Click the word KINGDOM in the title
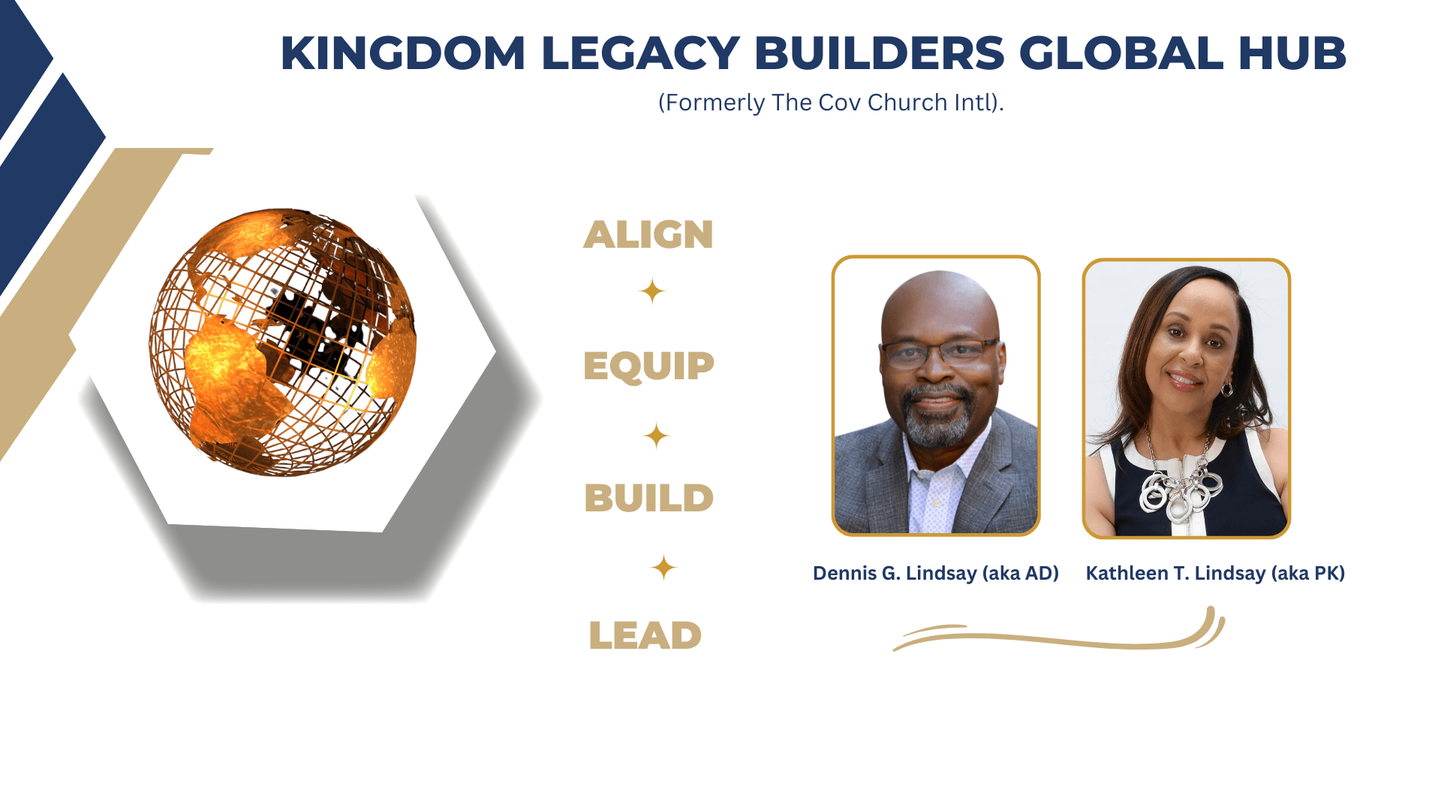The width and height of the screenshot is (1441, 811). click(x=403, y=53)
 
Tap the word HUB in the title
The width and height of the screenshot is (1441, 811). click(x=1292, y=53)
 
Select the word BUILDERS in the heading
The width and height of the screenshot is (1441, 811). click(x=879, y=53)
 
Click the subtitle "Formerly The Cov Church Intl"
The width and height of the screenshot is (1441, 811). click(x=831, y=102)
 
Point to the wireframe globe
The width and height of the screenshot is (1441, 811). click(x=282, y=342)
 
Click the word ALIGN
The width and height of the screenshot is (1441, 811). click(x=648, y=234)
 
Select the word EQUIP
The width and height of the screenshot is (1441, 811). click(x=648, y=366)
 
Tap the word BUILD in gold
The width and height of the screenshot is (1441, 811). click(x=648, y=498)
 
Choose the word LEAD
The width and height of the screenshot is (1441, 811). click(x=645, y=635)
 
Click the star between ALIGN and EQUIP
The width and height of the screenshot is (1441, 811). click(x=652, y=291)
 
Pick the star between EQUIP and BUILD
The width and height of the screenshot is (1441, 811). click(x=656, y=436)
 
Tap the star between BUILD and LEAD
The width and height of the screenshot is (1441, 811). click(x=663, y=567)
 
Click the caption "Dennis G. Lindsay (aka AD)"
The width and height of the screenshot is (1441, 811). click(x=936, y=574)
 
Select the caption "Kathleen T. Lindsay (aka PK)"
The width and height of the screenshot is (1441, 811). click(x=1215, y=574)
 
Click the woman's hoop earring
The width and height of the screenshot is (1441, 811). click(x=1227, y=389)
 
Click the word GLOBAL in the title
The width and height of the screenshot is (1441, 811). click(x=1121, y=53)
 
